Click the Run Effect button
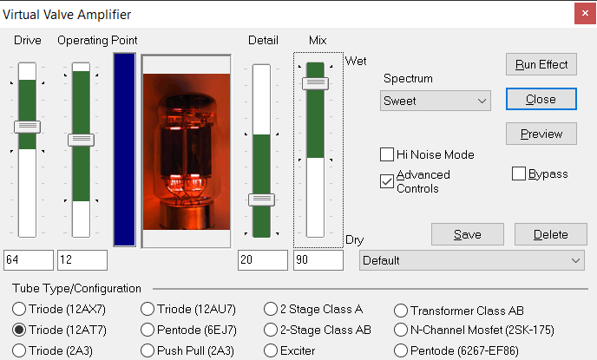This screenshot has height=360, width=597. pyautogui.click(x=541, y=64)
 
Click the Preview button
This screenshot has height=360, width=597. pyautogui.click(x=541, y=134)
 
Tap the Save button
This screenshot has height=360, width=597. pyautogui.click(x=467, y=234)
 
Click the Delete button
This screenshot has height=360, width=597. pyautogui.click(x=550, y=234)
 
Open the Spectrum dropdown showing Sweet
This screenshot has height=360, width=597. pyautogui.click(x=436, y=101)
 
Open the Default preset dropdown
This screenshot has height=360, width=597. pyautogui.click(x=472, y=260)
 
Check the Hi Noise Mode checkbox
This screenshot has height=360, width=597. pyautogui.click(x=387, y=154)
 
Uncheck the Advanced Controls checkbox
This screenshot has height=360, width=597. pyautogui.click(x=387, y=181)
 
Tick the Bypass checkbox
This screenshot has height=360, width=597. pyautogui.click(x=519, y=173)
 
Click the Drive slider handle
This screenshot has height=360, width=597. pyautogui.click(x=28, y=127)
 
